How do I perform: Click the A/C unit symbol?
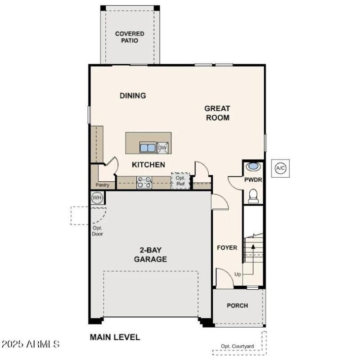coord(280,168)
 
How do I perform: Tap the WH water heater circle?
coord(97,197)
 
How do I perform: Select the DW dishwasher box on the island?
coord(162,147)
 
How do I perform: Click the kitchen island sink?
coord(147,147)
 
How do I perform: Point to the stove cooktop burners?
coord(144,182)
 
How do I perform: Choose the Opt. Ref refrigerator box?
coord(180,181)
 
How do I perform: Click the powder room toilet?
coord(254,196)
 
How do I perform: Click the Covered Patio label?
coord(130,37)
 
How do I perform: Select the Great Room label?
coord(217,113)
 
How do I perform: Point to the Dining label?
coord(133,95)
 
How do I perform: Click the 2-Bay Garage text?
coord(150,255)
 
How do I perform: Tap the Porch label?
coord(237,306)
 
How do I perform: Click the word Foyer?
coord(227,247)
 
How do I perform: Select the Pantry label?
coord(102,185)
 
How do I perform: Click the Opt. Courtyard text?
coord(237,346)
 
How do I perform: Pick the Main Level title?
coord(115,337)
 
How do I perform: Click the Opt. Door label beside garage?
coord(97,231)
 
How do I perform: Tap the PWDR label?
coord(253,180)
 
